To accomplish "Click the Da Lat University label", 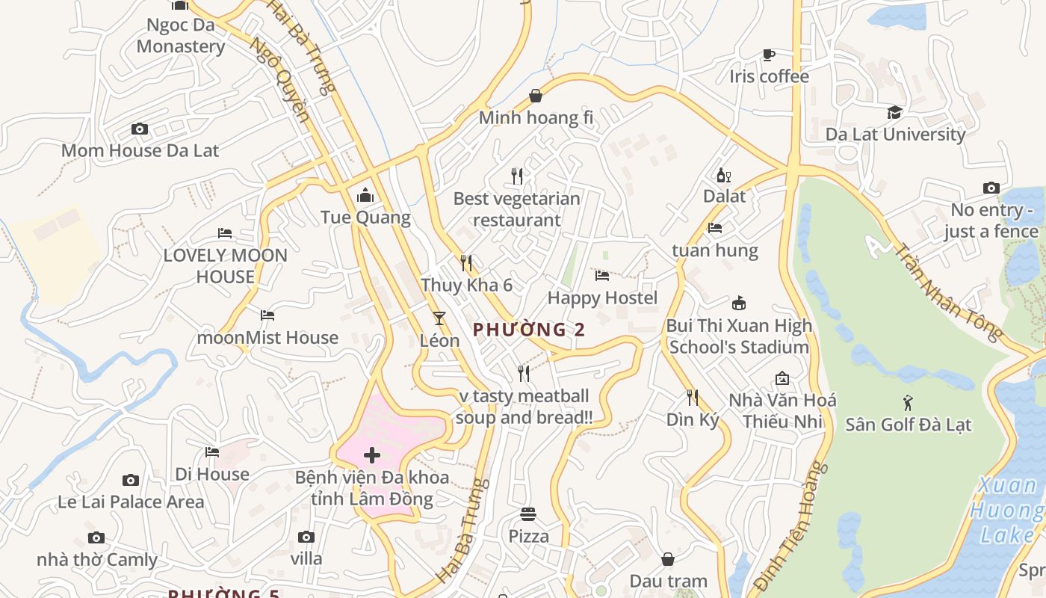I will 895,135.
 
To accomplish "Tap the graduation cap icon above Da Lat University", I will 894,113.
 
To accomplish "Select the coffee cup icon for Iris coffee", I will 768,55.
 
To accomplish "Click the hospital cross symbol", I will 371,455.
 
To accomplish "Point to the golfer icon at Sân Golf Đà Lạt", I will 908,403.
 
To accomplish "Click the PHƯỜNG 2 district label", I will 528,330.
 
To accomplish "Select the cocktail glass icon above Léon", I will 439,318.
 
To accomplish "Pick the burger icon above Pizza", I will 528,514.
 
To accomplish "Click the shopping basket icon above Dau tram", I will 668,559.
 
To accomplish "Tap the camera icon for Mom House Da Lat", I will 140,129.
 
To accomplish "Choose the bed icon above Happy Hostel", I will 602,276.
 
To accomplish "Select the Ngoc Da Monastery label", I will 180,35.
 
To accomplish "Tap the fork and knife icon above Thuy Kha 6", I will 466,263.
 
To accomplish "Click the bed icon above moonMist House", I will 267,315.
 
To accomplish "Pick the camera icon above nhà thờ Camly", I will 96,538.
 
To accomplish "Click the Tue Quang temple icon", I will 365,195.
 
